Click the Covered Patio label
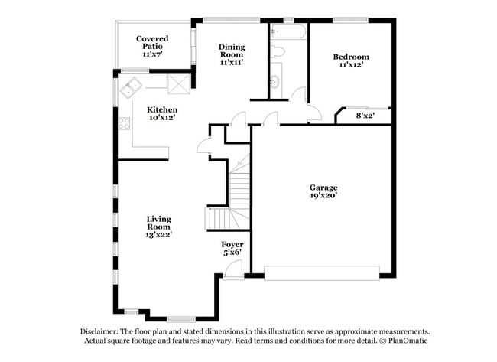click(152, 43)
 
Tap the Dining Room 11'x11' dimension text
click(232, 63)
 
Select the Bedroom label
click(351, 57)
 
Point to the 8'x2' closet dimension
click(365, 116)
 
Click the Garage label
click(323, 188)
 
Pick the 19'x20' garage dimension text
click(323, 196)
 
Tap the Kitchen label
click(162, 109)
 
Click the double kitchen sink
click(131, 87)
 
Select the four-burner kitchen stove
click(124, 123)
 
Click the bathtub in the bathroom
click(288, 31)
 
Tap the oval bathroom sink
click(274, 81)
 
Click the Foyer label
click(232, 245)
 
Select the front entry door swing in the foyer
click(233, 269)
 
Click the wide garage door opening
click(322, 273)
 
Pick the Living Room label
click(158, 223)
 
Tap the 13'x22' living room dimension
click(158, 235)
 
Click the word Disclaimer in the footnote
click(99, 332)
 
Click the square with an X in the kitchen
click(179, 85)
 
